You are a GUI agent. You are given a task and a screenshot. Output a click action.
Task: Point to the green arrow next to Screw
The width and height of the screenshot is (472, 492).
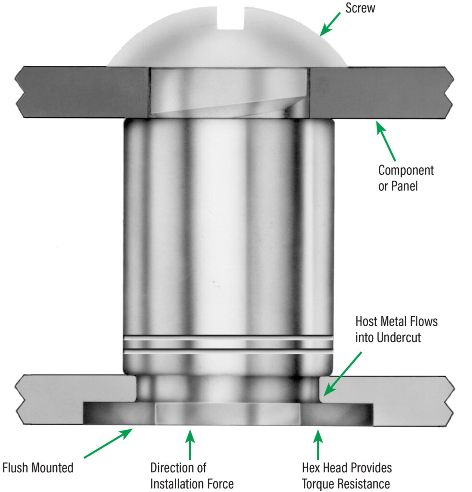[330, 24]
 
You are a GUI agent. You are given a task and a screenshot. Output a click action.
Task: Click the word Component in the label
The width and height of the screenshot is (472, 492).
[406, 170]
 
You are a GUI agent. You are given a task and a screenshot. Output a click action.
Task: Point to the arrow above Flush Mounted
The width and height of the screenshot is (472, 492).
[109, 443]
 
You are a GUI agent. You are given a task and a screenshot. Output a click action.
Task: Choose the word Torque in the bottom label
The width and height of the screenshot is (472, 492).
[319, 483]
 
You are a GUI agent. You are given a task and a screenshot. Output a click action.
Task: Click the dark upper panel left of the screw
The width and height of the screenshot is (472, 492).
[82, 91]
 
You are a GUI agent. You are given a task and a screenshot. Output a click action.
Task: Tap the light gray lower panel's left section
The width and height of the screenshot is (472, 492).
[72, 394]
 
